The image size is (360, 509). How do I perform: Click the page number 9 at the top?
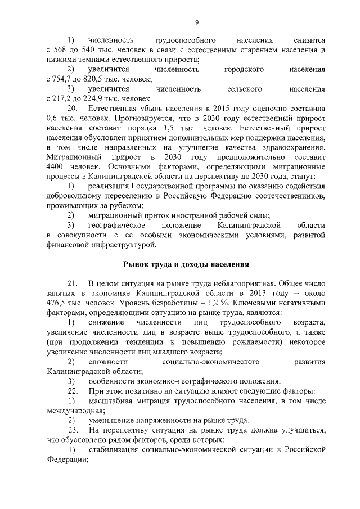[196, 22]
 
